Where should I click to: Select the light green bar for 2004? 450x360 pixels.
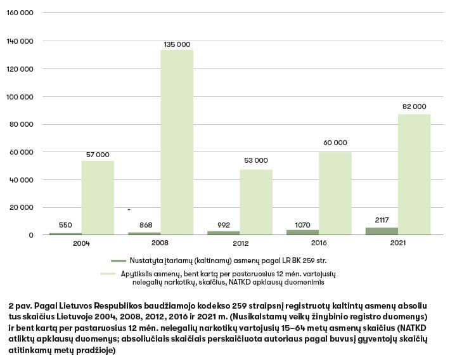pos(98,198)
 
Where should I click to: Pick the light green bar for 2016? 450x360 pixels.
pos(335,193)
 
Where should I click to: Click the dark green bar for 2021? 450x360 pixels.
pos(382,231)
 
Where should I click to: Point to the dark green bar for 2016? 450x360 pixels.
pos(302,232)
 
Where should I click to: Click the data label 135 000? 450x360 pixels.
pos(177,44)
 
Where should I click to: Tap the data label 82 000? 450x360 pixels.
pos(415,106)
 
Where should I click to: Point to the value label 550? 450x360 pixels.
pos(65,225)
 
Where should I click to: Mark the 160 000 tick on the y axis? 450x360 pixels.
pos(21,13)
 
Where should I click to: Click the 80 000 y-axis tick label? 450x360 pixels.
pos(23,124)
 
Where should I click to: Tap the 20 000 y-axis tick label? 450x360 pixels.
pos(23,207)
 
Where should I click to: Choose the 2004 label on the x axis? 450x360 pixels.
pos(81,243)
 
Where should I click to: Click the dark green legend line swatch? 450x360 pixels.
pos(119,260)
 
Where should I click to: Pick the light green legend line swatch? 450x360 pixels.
pos(119,273)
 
